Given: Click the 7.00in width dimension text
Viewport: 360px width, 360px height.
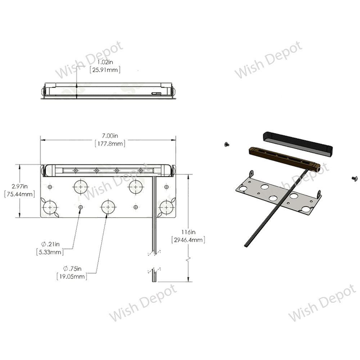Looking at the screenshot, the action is click(110, 136).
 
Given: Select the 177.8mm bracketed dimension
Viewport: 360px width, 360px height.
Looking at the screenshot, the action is click(110, 144).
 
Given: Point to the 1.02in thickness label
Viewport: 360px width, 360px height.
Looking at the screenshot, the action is click(105, 62).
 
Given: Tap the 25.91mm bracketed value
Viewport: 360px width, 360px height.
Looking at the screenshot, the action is click(105, 69).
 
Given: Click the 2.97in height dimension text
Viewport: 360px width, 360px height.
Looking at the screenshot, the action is click(20, 186).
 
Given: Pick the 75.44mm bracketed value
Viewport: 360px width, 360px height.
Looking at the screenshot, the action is click(19, 194).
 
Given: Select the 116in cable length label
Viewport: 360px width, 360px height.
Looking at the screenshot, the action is click(188, 232).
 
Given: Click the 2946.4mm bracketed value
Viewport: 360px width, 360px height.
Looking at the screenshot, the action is click(188, 240).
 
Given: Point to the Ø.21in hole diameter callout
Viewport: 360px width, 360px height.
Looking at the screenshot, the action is click(50, 244).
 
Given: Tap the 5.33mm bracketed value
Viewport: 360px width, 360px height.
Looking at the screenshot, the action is click(50, 252).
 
